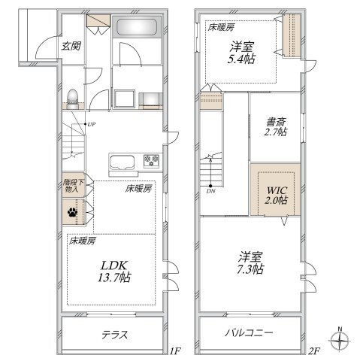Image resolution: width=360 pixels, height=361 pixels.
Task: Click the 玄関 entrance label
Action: point(71,46)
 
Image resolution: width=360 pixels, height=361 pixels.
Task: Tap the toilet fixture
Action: point(73,99)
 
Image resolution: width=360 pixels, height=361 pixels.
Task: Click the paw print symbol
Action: point(72,212)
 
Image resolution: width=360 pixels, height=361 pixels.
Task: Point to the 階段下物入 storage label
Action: point(72,186)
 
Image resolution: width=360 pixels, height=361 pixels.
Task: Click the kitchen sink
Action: point(123,162)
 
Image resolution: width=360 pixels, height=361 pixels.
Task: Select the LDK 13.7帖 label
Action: point(115,271)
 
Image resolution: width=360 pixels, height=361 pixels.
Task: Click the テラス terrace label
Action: point(115,335)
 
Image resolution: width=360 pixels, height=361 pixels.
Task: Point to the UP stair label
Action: point(92,124)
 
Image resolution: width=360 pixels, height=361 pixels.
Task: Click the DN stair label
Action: point(210,191)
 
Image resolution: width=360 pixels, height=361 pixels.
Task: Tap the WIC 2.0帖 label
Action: point(277,195)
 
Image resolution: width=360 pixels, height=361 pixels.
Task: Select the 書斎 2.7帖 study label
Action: point(276,127)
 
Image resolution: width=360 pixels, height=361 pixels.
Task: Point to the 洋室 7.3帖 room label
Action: point(250,263)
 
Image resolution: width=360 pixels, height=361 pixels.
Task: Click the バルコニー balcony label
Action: point(249,333)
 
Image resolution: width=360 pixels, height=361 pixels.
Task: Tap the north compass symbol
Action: point(340,341)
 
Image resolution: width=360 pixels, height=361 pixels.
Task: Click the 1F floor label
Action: point(175,351)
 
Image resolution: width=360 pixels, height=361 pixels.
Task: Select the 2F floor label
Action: point(313,351)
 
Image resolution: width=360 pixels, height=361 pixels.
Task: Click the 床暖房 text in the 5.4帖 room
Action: point(221,27)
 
